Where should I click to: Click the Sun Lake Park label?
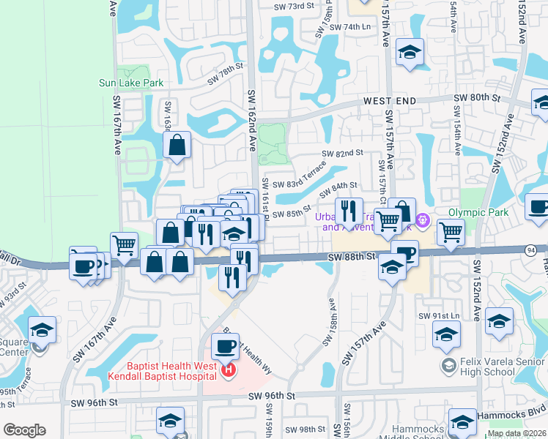tap(131, 83)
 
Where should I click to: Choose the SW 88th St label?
tap(351, 257)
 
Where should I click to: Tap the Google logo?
tap(24, 429)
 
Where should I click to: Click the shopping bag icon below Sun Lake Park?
tap(177, 146)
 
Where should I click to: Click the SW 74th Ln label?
tap(351, 27)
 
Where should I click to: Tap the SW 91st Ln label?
tap(438, 315)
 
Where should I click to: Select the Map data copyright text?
tap(516, 433)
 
